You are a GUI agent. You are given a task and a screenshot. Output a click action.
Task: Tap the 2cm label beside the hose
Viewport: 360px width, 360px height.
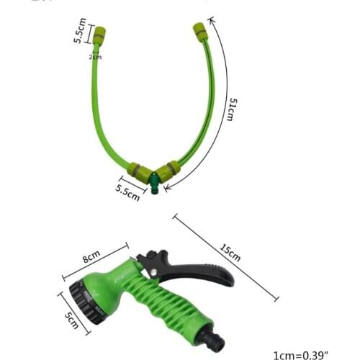tap(94, 56)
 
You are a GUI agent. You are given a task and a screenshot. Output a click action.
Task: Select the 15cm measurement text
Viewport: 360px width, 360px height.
tap(230, 252)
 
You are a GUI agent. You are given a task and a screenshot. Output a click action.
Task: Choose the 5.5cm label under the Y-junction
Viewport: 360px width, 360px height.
tap(127, 192)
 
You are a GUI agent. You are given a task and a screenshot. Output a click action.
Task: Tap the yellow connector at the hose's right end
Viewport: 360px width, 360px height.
tap(199, 32)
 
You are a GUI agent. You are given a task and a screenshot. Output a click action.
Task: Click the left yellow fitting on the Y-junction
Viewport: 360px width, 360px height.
tap(138, 171)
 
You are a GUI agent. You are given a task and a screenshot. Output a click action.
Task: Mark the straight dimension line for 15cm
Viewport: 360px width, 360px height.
tap(225, 257)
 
